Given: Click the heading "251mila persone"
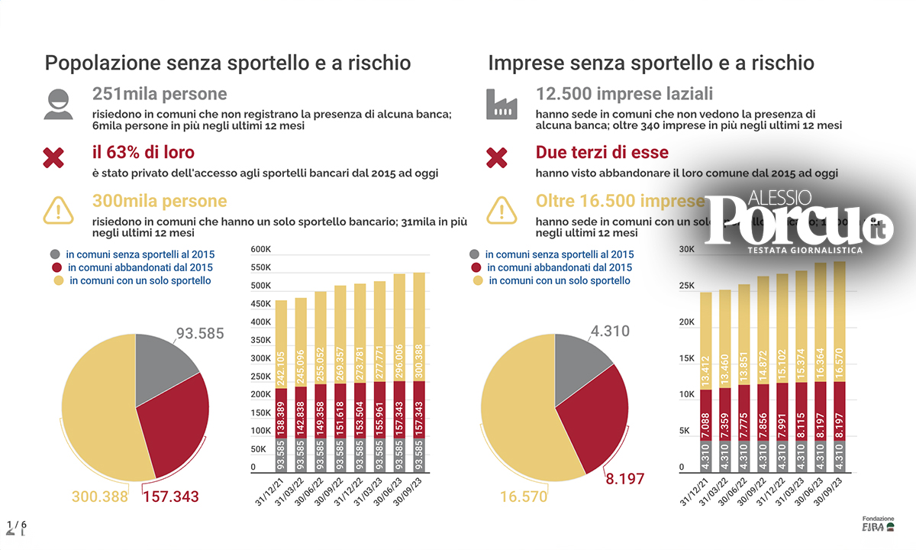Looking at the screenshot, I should click(x=160, y=94).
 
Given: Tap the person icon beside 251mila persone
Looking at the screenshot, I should click(x=58, y=104).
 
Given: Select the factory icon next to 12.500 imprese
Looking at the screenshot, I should click(x=502, y=104).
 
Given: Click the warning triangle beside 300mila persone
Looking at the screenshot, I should click(x=58, y=209).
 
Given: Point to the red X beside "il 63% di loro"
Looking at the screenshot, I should click(x=53, y=158).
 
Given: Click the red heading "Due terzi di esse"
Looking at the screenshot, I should click(x=602, y=153).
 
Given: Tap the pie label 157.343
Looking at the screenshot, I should click(x=170, y=497).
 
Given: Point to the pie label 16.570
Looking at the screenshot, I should click(x=524, y=497).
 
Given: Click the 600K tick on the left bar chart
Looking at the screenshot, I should click(x=261, y=250).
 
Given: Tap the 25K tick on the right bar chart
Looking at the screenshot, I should click(x=686, y=286).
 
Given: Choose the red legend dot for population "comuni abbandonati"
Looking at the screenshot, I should click(x=56, y=267).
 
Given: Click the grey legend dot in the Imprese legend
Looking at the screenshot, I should click(x=476, y=254).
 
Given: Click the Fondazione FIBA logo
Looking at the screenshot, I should click(x=878, y=523).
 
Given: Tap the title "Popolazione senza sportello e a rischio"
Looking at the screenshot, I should click(x=227, y=63).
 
